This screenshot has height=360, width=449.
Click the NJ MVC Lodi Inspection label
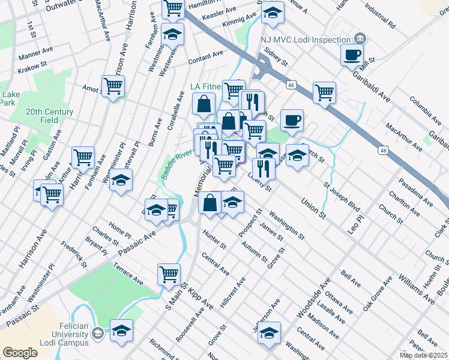coord(305,40)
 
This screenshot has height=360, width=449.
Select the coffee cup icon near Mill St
coord(352,55)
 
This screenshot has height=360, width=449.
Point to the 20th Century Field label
coord(50,116)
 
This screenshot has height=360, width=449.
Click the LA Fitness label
coord(206,86)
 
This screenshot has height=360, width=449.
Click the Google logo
coord(19,353)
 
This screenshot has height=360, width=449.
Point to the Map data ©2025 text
coord(423,355)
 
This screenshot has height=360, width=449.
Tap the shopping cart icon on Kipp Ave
coord(169,274)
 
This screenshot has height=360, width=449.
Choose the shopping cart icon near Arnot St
coord(113,86)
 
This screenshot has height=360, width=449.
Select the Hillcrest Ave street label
coord(233,292)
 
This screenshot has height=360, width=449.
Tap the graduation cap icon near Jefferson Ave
coord(270,332)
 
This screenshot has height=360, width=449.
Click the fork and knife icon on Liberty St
coord(264,167)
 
